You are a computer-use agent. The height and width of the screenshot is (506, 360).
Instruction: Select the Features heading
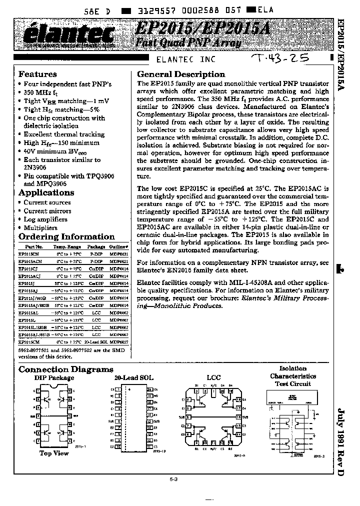(x=37, y=74)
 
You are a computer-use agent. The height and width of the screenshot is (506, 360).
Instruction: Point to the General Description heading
(x=181, y=74)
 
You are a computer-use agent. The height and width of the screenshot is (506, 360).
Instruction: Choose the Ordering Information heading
(x=66, y=236)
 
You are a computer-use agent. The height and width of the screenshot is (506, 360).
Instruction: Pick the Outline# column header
(x=118, y=247)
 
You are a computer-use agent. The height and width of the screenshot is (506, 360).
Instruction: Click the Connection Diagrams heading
(x=66, y=369)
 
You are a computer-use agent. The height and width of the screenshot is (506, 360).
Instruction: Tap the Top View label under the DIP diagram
(x=54, y=453)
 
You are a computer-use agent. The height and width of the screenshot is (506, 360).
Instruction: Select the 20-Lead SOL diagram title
(x=134, y=378)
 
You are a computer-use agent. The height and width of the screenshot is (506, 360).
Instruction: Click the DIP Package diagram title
(x=54, y=378)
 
